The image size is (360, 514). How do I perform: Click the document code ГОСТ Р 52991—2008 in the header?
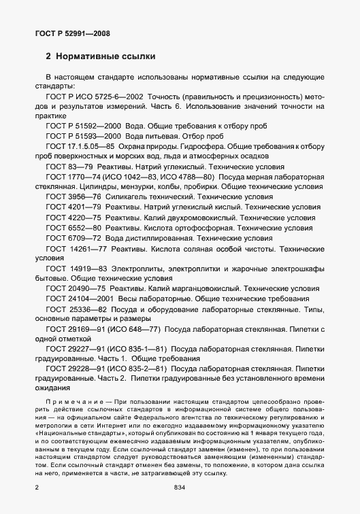tap(73, 33)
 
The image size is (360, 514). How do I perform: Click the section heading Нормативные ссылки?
tap(105, 56)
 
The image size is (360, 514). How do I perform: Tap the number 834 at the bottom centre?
tap(180, 488)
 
